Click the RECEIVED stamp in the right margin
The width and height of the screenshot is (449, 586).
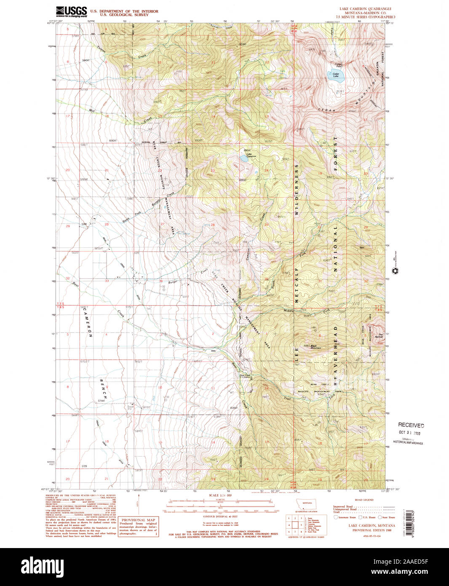pos(411,425)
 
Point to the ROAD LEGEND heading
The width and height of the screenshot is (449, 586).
pos(364,500)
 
